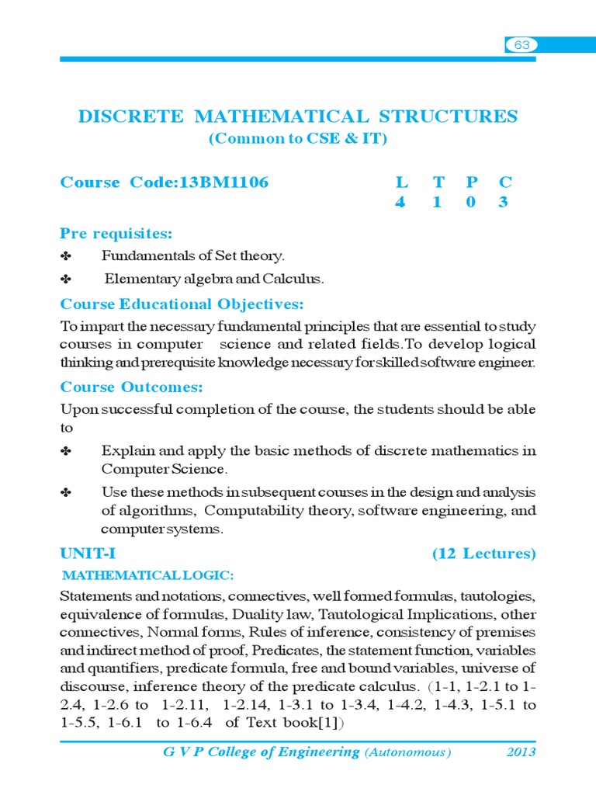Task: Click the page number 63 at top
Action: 521,45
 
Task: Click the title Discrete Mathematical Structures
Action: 297,116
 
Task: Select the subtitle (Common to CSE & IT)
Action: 297,139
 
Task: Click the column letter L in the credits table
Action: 401,183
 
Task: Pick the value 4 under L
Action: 401,203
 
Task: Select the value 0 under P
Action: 471,203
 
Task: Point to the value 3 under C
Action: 505,203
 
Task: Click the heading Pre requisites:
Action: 116,234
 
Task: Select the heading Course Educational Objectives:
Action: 182,304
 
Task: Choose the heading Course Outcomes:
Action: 132,387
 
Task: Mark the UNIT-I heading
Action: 88,554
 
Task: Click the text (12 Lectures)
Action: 483,554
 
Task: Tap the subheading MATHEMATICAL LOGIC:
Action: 147,575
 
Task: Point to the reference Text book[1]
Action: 293,723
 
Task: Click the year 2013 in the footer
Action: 521,752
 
